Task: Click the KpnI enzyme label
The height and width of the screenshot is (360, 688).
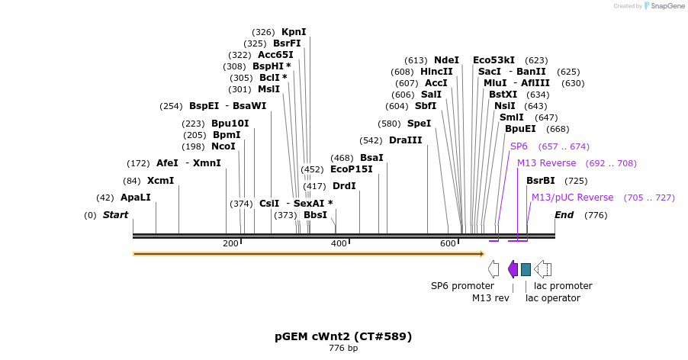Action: click(x=294, y=32)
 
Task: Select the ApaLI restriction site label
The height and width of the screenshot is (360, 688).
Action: click(x=135, y=198)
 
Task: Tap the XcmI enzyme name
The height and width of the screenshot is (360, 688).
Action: click(x=160, y=181)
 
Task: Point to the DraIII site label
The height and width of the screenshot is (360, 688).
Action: click(x=406, y=140)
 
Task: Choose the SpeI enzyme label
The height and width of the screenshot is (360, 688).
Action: click(x=419, y=124)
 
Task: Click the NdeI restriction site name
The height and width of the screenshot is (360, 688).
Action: click(x=446, y=60)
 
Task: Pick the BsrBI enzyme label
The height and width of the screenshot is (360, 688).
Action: click(x=541, y=181)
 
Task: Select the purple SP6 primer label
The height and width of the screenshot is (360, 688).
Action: click(x=519, y=146)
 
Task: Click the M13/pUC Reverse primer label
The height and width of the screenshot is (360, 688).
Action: click(x=572, y=198)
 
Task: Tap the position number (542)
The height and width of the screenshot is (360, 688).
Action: click(x=371, y=141)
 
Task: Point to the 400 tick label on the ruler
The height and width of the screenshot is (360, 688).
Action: click(x=339, y=243)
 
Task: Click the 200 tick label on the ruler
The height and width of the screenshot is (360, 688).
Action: click(x=230, y=243)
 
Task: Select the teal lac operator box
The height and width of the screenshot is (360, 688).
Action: click(x=526, y=269)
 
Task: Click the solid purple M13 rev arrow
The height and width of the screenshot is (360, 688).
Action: click(x=513, y=269)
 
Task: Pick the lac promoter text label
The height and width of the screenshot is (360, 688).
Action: click(x=563, y=286)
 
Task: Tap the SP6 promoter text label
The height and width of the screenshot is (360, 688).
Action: click(x=462, y=286)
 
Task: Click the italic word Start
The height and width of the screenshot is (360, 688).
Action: click(x=115, y=215)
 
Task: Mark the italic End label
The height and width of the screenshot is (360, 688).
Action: click(x=564, y=215)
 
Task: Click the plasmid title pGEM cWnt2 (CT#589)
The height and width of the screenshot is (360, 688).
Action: click(x=343, y=336)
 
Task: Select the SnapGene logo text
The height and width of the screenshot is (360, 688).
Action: click(x=667, y=5)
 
